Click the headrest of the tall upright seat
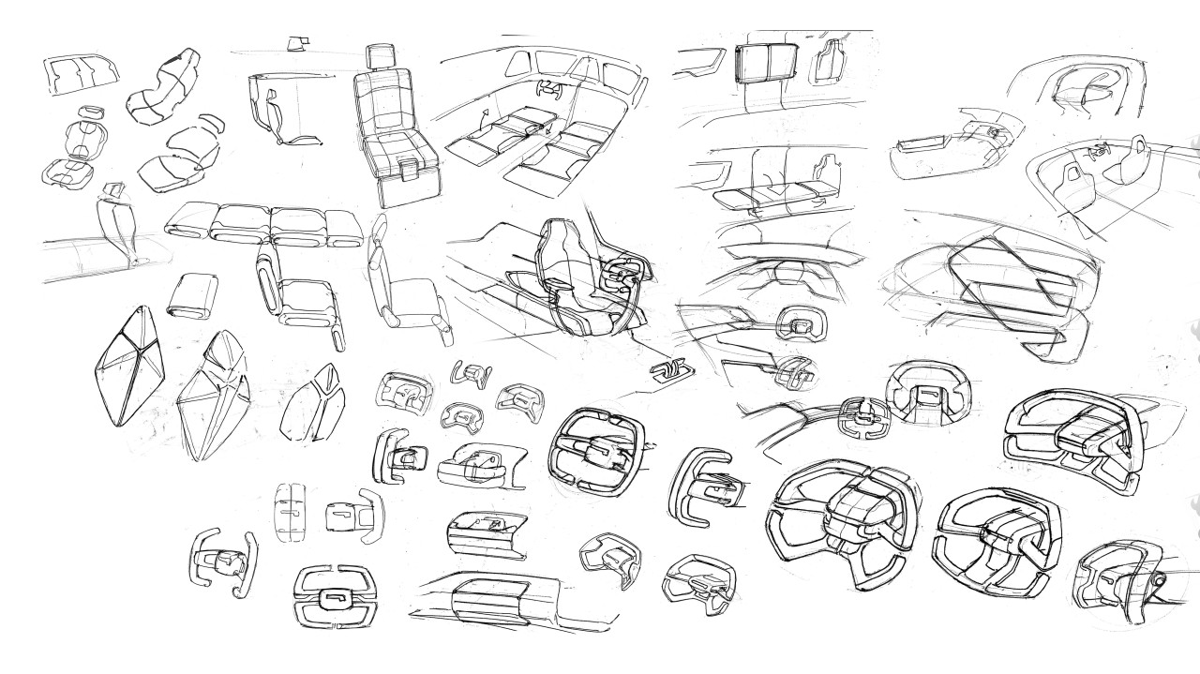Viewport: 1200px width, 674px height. pos(381,57)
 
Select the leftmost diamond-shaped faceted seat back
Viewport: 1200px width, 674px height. pos(130,366)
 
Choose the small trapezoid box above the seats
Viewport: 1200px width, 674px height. pos(300,41)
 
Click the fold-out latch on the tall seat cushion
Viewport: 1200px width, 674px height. pos(409,170)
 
